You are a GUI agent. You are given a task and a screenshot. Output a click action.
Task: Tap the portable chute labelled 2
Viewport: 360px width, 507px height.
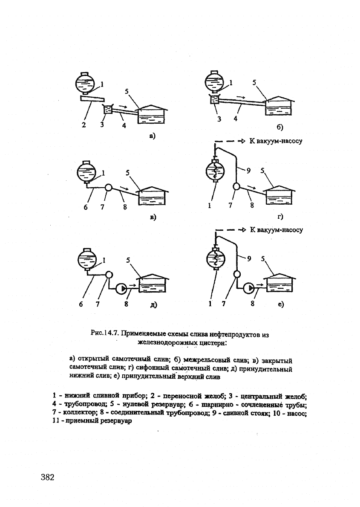(x=92, y=99)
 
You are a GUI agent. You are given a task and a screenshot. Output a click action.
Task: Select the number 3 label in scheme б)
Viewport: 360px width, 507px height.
(x=219, y=119)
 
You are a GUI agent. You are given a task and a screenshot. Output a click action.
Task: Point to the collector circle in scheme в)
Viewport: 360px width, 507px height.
(x=109, y=187)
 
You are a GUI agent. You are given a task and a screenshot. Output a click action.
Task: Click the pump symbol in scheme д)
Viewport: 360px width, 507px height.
(x=121, y=288)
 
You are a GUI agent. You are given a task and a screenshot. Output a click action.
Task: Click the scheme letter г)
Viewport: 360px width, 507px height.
(x=280, y=217)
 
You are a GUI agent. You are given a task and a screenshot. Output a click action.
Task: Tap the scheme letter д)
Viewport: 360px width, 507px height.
(x=153, y=304)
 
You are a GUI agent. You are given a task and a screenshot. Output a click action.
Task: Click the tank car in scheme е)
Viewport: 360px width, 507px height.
(x=215, y=259)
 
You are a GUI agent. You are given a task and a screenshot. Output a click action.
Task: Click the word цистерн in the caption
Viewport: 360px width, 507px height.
(x=209, y=342)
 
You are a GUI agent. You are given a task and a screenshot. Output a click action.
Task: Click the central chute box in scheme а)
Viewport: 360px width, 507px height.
(x=108, y=110)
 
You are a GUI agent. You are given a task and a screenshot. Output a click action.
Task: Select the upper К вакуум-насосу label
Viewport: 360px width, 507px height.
(x=276, y=141)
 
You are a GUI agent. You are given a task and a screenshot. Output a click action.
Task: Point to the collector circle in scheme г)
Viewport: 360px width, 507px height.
(x=235, y=187)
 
